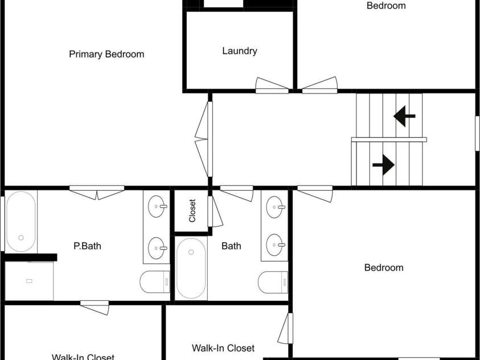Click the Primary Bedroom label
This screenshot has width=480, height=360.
click(106, 54)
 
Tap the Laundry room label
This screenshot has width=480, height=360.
click(240, 51)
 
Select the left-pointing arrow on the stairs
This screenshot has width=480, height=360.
click(404, 116)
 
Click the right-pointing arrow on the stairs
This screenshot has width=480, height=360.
click(383, 165)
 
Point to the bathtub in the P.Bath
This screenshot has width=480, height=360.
click(21, 222)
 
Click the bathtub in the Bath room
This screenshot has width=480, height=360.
click(191, 268)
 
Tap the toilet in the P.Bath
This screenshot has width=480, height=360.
click(155, 281)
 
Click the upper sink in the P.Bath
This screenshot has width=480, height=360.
click(157, 207)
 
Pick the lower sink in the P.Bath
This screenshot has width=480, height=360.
click(157, 248)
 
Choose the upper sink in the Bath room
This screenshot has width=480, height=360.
click(276, 207)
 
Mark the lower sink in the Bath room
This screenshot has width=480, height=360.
click(276, 245)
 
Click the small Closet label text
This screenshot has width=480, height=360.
click(192, 211)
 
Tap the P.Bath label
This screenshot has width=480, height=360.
click(87, 246)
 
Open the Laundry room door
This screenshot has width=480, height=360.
click(272, 85)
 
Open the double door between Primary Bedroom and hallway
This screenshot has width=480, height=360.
click(204, 139)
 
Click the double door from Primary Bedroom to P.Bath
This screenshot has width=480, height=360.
click(97, 193)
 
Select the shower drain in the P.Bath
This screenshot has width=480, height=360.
click(29, 281)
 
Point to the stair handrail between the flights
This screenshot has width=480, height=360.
click(389, 140)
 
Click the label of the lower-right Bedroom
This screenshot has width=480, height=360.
click(384, 268)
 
